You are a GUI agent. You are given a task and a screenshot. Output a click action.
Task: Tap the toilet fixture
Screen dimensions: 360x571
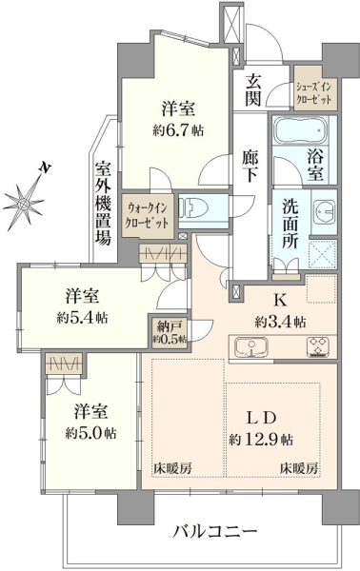click(194, 207)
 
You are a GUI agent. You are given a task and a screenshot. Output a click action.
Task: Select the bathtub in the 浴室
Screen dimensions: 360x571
click(300, 130)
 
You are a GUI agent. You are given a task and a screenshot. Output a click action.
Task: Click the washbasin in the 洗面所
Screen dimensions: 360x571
click(324, 211)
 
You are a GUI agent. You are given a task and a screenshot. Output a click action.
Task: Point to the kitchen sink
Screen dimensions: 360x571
click(251, 346)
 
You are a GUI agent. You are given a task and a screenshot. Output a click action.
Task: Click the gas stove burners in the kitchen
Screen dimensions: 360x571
click(318, 346)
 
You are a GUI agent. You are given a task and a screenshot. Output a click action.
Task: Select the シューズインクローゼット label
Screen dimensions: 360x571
click(313, 93)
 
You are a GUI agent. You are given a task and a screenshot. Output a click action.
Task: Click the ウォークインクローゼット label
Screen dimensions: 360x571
click(148, 215)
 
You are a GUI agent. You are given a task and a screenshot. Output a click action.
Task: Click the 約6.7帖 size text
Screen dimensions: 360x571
click(178, 130)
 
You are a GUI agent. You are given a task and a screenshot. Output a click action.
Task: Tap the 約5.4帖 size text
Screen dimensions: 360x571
click(82, 318)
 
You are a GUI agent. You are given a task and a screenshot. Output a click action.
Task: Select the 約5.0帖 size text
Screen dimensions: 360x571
click(91, 433)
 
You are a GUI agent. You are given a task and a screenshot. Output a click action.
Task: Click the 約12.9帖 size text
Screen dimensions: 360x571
click(261, 440)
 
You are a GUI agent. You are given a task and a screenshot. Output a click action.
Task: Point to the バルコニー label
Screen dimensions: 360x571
click(215, 532)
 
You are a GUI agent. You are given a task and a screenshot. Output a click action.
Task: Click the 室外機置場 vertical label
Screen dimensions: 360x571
click(103, 204)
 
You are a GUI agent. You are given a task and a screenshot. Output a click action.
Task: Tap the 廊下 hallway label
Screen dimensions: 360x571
click(250, 166)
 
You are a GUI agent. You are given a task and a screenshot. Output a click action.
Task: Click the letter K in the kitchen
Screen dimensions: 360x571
click(280, 300)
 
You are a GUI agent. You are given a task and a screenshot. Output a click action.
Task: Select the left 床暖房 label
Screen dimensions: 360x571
click(172, 468)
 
